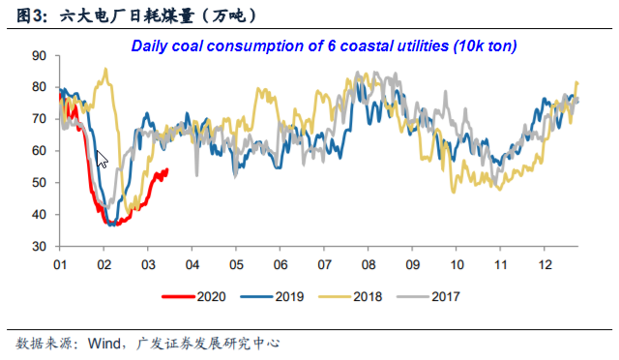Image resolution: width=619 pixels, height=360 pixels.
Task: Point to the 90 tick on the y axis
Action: [39, 55]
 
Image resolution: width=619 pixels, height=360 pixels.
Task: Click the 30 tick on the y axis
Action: [39, 246]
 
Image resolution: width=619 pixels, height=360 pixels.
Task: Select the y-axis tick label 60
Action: [39, 151]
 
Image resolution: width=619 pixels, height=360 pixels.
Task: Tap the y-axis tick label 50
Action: [39, 183]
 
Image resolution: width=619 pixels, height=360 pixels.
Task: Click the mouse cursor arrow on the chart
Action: [103, 159]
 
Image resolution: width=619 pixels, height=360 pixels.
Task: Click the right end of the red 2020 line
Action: [167, 170]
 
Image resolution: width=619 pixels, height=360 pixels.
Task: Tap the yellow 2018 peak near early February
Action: [104, 69]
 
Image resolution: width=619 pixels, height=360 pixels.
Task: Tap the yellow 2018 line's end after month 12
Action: [577, 82]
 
